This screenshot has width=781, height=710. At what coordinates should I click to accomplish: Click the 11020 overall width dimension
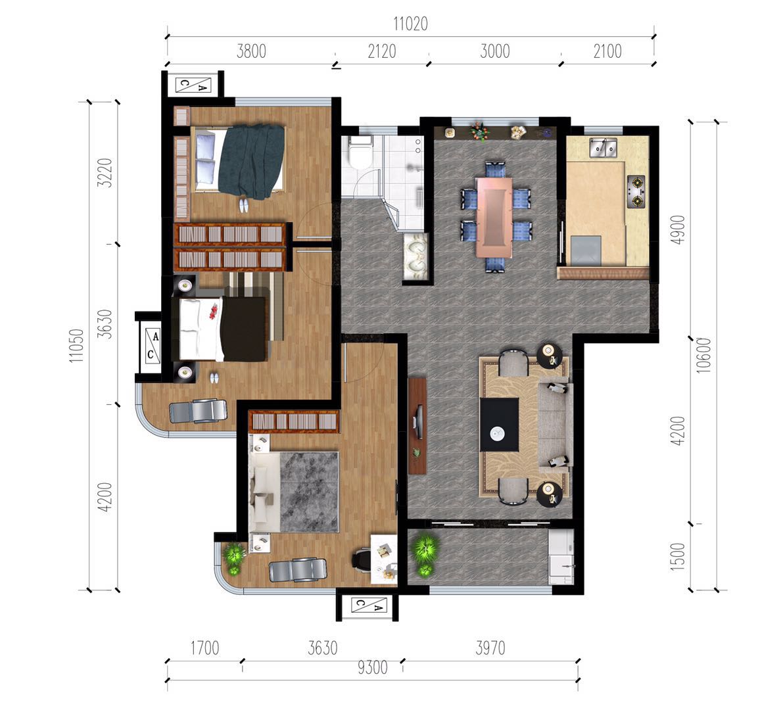(x=410, y=24)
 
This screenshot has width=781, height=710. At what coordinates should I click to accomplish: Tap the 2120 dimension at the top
(x=381, y=51)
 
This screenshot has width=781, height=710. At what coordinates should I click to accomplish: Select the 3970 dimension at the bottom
(x=490, y=648)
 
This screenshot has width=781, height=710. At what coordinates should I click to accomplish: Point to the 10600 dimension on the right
(x=703, y=355)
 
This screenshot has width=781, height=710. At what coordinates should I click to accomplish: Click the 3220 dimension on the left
(x=105, y=173)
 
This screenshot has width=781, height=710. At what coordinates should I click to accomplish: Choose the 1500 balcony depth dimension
(x=678, y=557)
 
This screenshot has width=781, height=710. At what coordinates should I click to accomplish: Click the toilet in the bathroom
(x=360, y=151)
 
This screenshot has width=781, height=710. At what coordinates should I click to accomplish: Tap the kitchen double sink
(x=603, y=148)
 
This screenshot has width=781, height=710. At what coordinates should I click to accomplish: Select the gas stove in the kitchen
(x=636, y=191)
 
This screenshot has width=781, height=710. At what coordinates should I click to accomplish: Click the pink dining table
(x=494, y=217)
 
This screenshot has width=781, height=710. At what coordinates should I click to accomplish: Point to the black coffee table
(x=499, y=425)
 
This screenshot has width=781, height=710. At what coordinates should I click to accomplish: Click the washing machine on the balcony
(x=561, y=557)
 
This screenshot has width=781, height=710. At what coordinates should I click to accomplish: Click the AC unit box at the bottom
(x=369, y=605)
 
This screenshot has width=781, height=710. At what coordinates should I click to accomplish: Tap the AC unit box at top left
(x=193, y=85)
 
